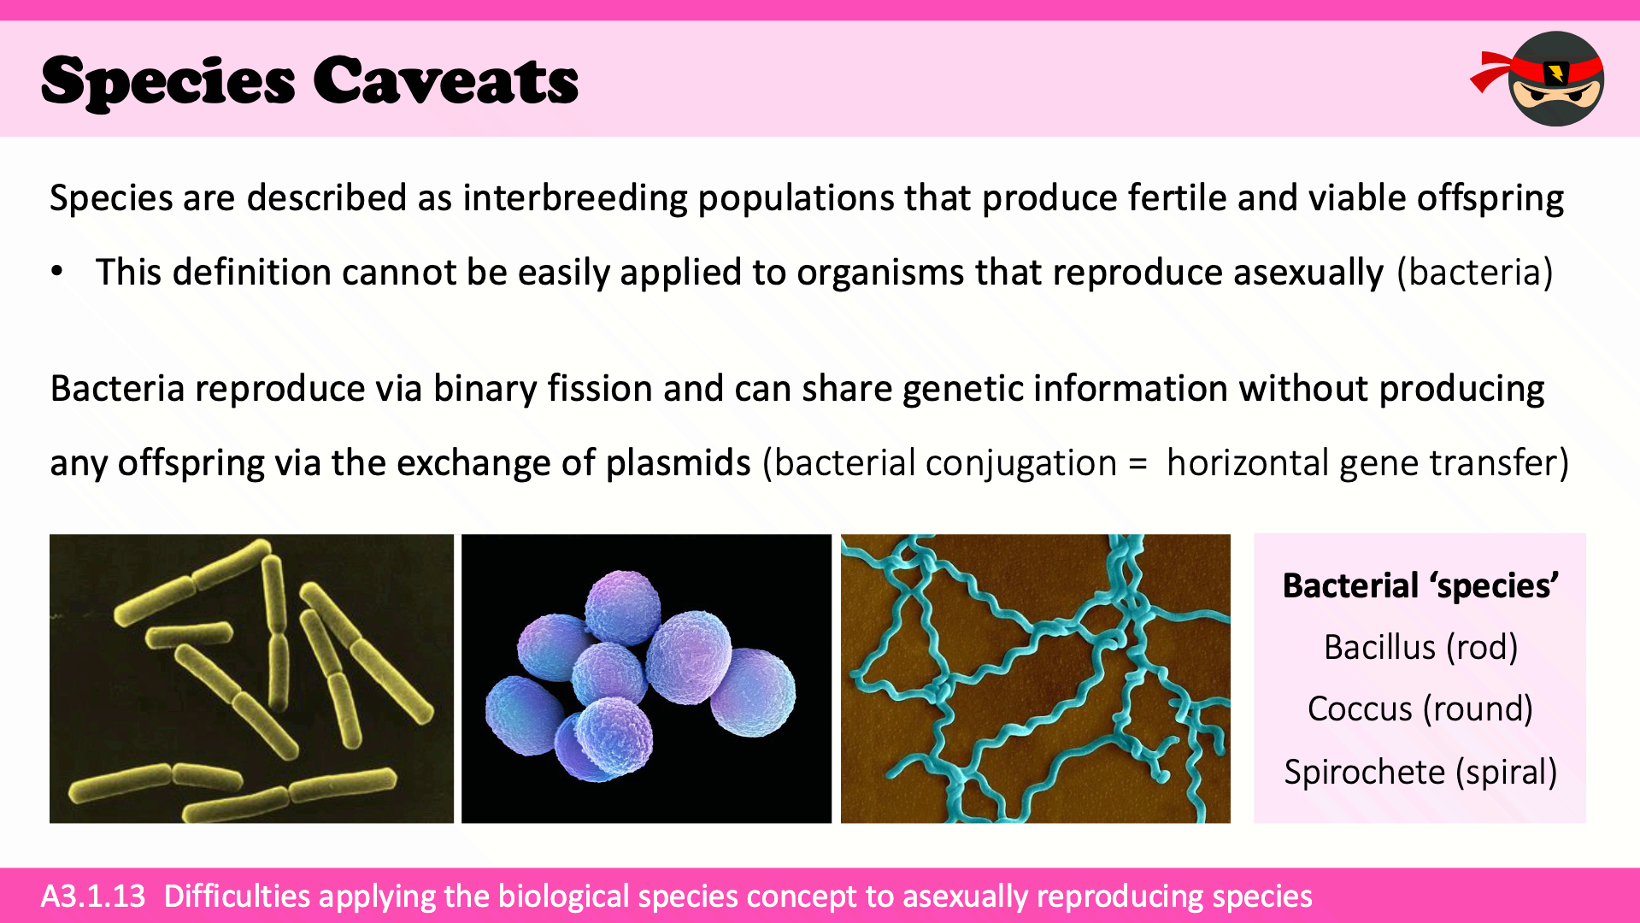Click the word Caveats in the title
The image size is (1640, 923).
pos(445,81)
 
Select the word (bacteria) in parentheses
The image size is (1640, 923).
pos(1474,272)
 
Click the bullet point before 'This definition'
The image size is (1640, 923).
pos(57,272)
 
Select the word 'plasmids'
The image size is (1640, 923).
pos(678,463)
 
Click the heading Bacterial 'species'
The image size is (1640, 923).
pos(1420,586)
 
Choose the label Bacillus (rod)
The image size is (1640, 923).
pos(1420,648)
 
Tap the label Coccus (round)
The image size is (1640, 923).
pos(1420,709)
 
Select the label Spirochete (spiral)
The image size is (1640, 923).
pos(1420,773)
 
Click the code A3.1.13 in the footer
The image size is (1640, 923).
pos(93,896)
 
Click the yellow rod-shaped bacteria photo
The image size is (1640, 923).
pos(251,679)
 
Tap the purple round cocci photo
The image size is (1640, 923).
pos(646,679)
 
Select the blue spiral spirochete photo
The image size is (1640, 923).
pos(1036,679)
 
